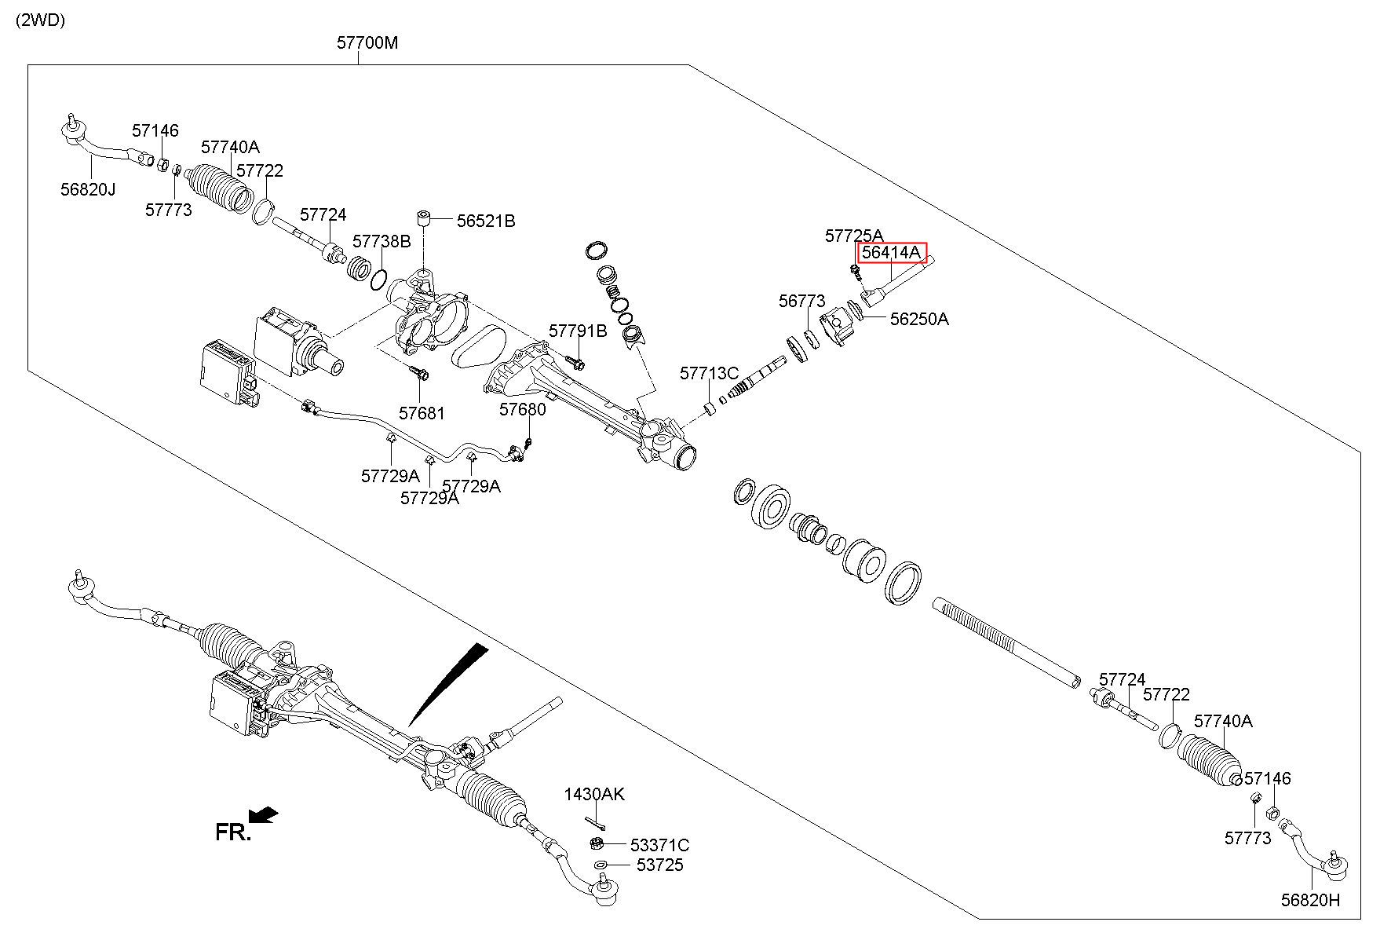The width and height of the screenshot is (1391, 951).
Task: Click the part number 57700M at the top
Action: point(367,42)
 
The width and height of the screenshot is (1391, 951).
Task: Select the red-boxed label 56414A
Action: point(891,253)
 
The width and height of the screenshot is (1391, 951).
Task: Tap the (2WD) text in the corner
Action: point(39,20)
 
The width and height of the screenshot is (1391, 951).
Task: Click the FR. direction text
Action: point(233,832)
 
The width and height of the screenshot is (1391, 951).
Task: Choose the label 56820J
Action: point(88,188)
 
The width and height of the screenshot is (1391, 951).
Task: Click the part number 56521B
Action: point(486,221)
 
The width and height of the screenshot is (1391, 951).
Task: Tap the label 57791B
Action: point(578,331)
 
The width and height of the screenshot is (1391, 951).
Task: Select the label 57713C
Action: point(709,372)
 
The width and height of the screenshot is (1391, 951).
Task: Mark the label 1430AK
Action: point(594,794)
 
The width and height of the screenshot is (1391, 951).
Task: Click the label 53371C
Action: point(660,845)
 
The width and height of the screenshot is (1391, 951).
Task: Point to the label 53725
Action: point(659,865)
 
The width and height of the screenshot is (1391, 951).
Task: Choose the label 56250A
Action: point(919,319)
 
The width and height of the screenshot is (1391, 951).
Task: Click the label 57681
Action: point(422,413)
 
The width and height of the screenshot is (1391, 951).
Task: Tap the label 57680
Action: point(523,409)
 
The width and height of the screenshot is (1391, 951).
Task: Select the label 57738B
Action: point(382,241)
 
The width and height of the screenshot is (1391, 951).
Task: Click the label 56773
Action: point(802,301)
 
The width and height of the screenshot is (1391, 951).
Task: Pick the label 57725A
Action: point(854,235)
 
